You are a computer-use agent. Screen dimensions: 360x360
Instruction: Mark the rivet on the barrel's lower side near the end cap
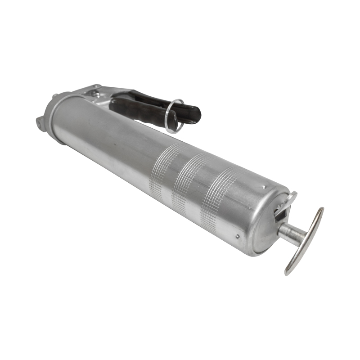click(x=237, y=235)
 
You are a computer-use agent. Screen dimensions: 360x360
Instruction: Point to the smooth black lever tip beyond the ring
click(x=191, y=115)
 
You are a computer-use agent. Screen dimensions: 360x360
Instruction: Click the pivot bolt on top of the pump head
click(x=94, y=93)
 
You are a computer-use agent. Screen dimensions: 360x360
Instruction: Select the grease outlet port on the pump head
click(x=40, y=121)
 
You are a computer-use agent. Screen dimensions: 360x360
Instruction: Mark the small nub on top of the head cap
click(x=54, y=96)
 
